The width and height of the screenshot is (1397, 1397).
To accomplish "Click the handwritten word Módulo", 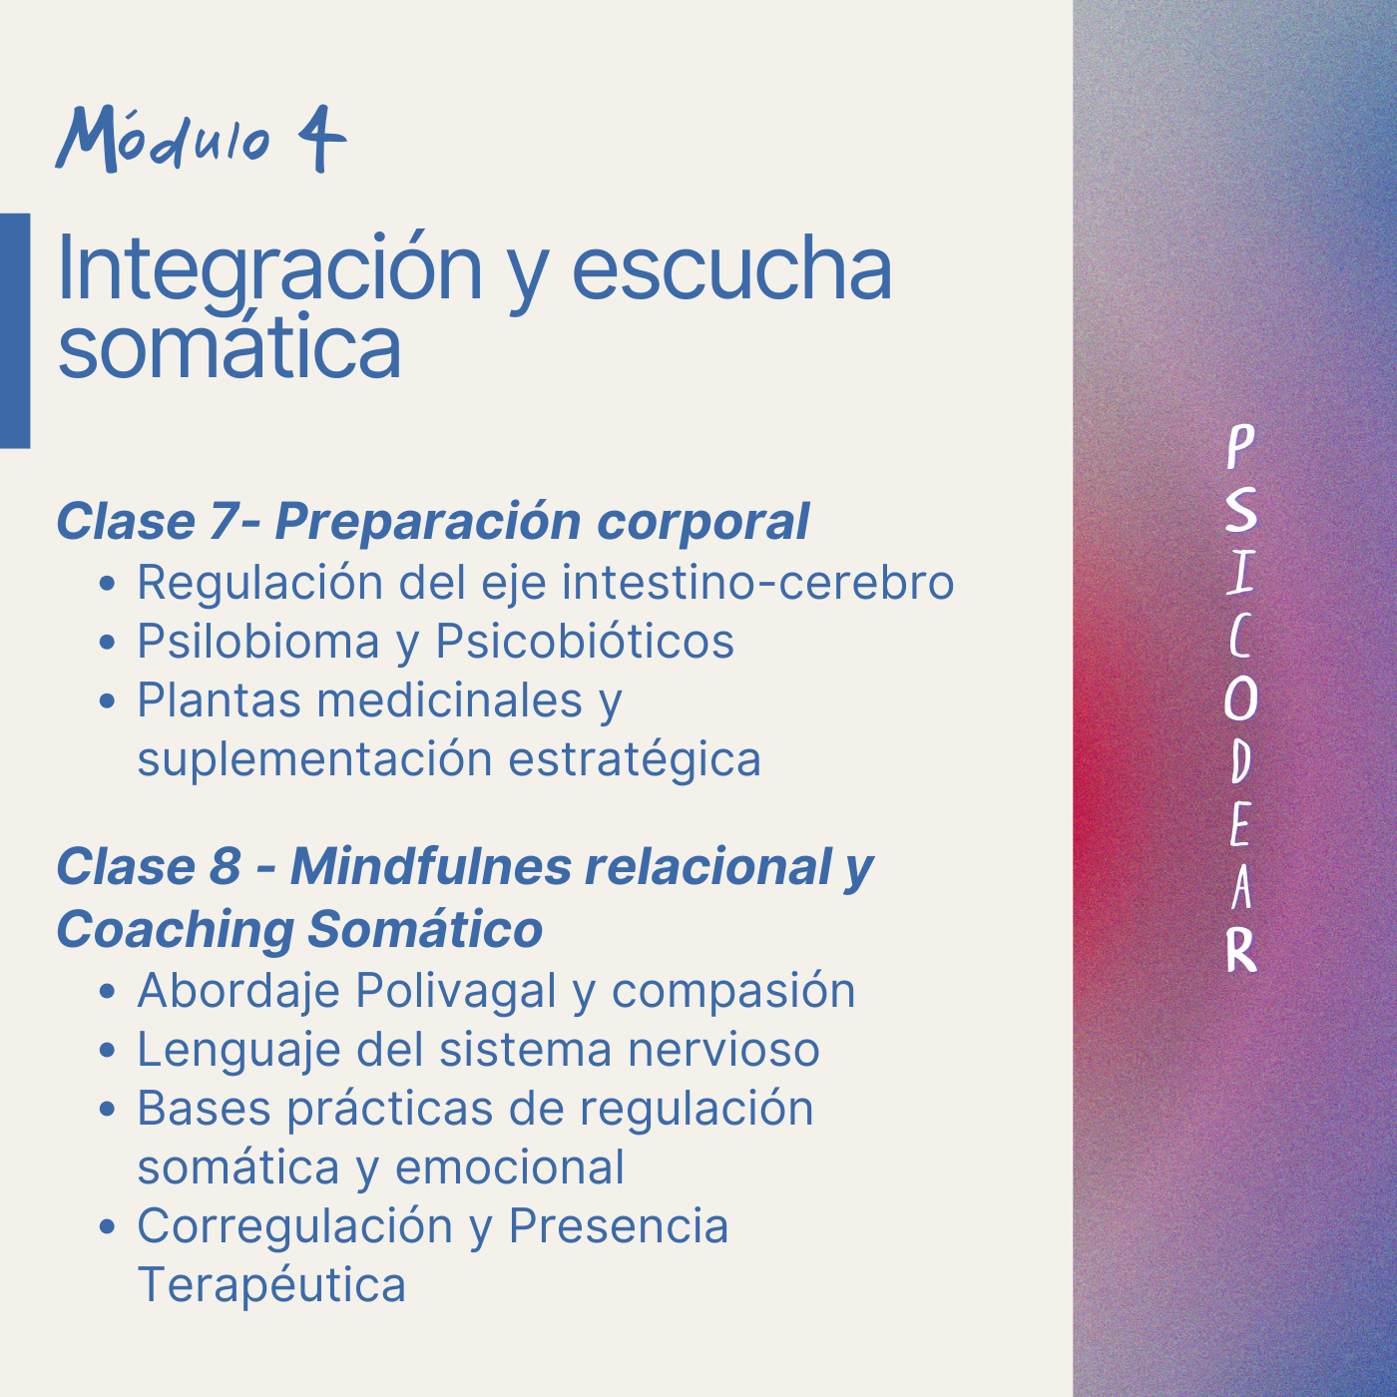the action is (163, 139).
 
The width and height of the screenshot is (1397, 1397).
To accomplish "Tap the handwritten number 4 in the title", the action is (321, 139).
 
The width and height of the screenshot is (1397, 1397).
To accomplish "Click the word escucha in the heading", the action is (731, 269).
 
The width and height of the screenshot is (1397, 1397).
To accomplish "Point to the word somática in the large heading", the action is (230, 345).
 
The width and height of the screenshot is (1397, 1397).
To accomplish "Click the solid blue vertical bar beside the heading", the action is (15, 330).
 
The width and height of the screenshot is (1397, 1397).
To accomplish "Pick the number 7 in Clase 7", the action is (222, 521).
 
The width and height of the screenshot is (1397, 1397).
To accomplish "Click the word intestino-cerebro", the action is (757, 582).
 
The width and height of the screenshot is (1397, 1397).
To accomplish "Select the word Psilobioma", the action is (258, 641).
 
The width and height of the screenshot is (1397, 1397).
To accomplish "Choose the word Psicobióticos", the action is (585, 641).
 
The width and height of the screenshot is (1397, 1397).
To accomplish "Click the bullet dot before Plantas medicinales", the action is (107, 701).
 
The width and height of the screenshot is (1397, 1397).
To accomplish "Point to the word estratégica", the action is (635, 759).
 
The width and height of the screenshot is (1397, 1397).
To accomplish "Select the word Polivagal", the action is (456, 990).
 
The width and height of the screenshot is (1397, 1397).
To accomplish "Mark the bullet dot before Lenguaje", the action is (107, 1051).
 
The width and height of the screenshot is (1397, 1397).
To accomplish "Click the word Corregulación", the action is (295, 1226).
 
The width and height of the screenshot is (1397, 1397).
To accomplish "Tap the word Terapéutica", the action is (271, 1284).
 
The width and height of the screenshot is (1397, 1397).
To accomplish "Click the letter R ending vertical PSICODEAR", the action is (1241, 949).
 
